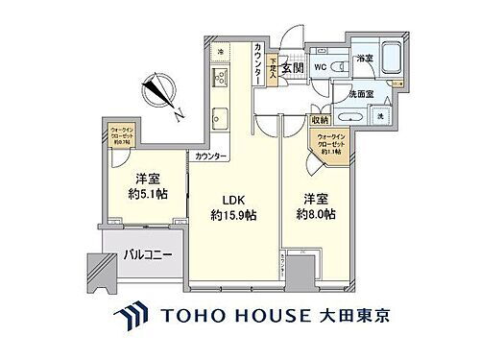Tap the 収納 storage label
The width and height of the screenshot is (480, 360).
point(320,119)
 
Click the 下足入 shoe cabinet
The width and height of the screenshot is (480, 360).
point(274,68)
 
